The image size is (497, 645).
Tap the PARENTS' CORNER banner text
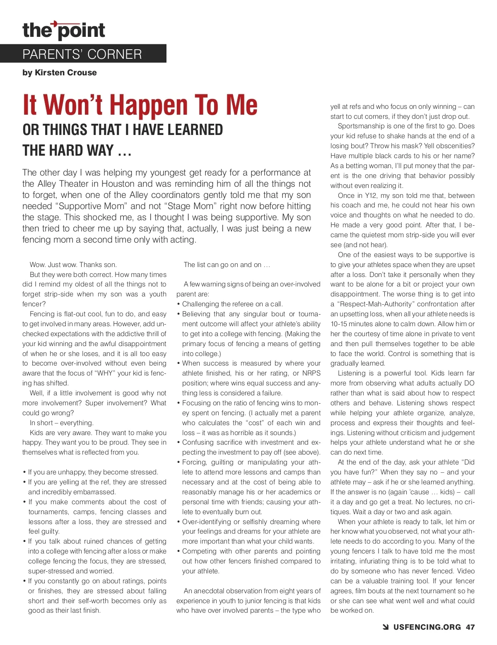82,54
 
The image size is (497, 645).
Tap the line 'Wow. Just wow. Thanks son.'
73,265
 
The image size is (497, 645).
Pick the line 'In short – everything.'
62,423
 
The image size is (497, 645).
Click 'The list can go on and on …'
227,265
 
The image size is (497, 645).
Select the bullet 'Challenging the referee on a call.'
232,304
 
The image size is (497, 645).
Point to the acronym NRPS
311,373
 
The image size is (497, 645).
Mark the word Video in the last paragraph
466,571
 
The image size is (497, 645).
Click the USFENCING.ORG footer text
427,627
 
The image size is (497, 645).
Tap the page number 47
470,627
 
